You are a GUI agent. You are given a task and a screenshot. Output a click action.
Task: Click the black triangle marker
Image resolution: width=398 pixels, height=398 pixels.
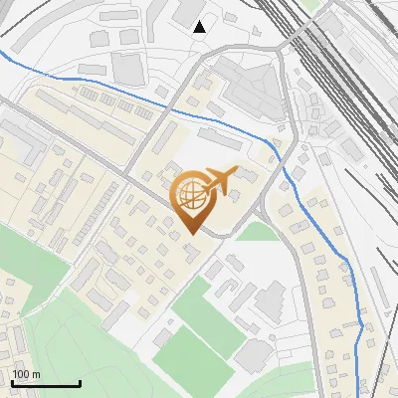click(200, 26)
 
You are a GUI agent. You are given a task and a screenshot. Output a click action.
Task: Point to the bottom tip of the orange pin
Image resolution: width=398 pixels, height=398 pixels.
click(191, 234)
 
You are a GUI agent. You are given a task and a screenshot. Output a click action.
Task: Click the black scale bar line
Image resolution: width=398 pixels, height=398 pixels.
click(45, 384)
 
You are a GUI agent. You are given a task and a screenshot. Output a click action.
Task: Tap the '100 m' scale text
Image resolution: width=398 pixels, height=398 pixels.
click(27, 374)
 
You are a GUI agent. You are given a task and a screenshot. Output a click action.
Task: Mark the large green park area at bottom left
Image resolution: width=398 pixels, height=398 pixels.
click(70, 328)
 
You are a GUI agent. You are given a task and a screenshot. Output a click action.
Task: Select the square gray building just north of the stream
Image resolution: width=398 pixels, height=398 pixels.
click(126, 68)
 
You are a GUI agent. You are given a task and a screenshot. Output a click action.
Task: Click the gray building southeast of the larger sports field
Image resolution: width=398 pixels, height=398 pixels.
click(255, 352)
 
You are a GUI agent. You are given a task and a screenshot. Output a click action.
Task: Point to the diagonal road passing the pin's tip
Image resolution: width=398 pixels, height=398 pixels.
click(149, 195)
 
